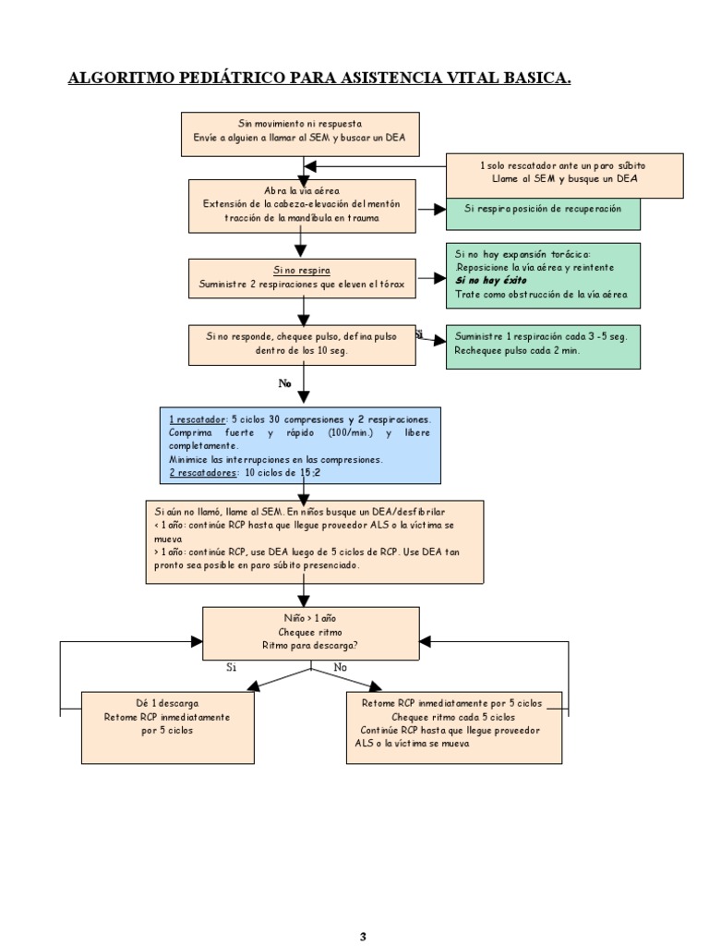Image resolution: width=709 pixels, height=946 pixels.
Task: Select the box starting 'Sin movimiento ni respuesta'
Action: [x=299, y=135]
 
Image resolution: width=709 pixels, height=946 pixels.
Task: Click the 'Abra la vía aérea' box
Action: [x=303, y=204]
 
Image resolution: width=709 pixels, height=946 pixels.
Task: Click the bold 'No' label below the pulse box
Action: [x=285, y=382]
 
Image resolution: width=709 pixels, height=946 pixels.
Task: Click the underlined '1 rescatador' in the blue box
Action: [x=197, y=419]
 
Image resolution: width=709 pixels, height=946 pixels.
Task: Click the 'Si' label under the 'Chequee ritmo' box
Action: [x=232, y=665]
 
